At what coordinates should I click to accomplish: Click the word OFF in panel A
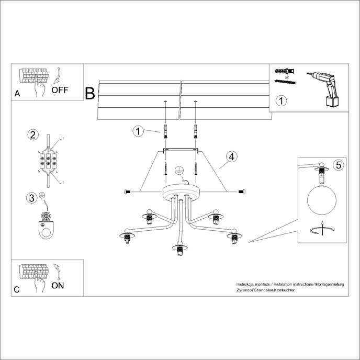60,89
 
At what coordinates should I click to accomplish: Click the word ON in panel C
59,285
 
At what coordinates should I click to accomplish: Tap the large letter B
90,94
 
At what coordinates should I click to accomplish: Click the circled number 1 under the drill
282,100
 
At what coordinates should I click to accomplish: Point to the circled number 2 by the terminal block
32,135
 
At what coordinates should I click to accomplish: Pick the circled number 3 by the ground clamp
32,197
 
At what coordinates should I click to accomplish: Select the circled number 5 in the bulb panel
338,165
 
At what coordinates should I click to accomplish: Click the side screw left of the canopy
127,192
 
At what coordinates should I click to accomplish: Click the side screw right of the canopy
241,192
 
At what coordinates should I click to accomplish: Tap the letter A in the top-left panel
17,94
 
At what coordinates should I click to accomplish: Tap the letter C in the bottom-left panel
17,289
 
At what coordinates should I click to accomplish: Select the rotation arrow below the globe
321,231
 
